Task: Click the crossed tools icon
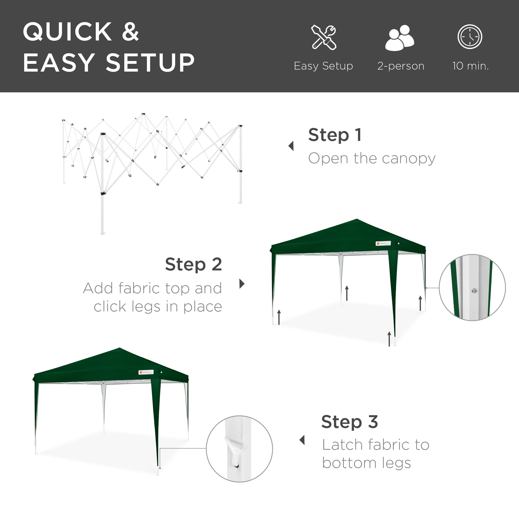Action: tap(324, 37)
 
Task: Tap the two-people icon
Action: tap(400, 38)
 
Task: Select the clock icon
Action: tap(470, 37)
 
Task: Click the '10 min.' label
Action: tap(470, 66)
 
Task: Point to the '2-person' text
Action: tap(401, 66)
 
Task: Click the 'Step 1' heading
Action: tap(335, 135)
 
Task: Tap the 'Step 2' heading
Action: tap(193, 265)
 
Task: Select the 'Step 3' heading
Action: tap(349, 422)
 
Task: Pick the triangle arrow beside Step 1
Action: tap(291, 146)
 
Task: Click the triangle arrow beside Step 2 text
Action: tap(242, 284)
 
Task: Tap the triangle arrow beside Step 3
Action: tap(302, 440)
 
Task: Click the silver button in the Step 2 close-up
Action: tap(474, 290)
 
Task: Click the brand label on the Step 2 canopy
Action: tap(383, 243)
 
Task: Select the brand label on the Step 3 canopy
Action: tap(146, 372)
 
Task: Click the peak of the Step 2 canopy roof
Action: tap(357, 219)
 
